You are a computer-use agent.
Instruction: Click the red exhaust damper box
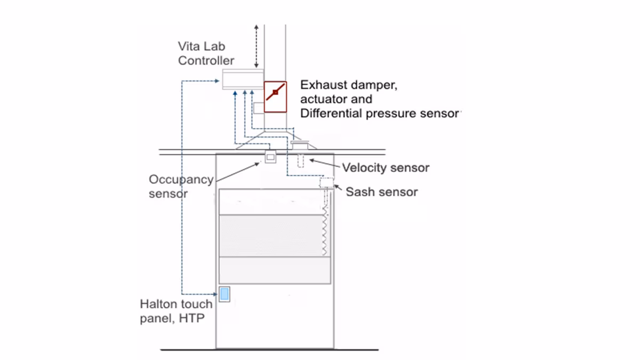click(275, 97)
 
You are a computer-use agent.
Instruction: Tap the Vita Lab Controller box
click(243, 79)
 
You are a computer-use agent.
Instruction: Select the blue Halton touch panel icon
click(225, 294)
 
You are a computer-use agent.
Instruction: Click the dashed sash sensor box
click(326, 183)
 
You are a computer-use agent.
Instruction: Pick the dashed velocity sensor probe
click(300, 161)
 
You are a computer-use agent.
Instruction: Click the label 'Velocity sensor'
click(386, 168)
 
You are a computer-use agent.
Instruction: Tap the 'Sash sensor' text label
click(382, 192)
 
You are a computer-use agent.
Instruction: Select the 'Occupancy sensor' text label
click(181, 186)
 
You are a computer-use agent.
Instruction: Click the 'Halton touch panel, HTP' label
click(176, 311)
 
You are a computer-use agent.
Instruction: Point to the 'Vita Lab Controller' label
click(206, 54)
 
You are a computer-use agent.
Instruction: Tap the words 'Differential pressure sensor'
click(379, 113)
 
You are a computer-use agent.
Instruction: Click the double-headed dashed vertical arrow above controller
click(257, 45)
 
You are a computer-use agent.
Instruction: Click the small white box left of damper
click(259, 108)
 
